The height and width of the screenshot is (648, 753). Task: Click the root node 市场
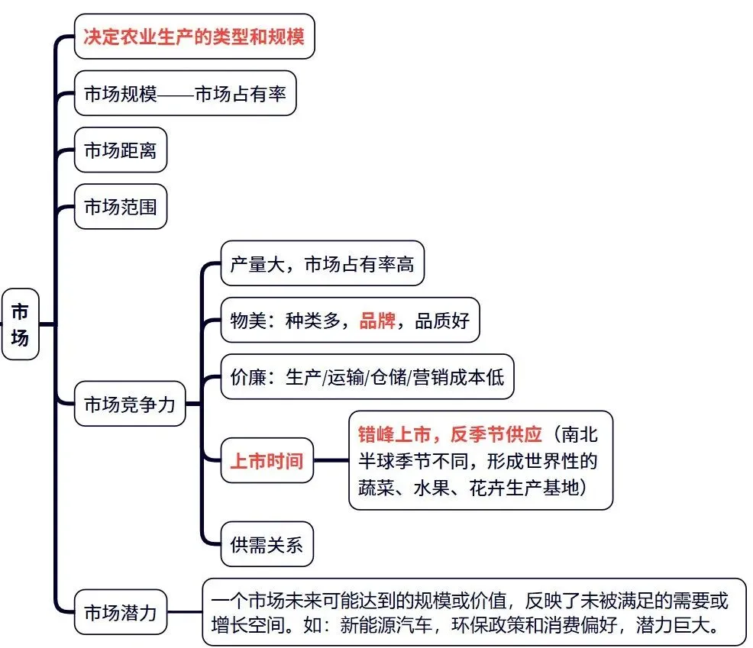[21, 324]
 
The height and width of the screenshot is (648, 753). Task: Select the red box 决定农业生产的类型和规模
[194, 36]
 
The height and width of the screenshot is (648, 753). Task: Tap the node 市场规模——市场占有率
[185, 94]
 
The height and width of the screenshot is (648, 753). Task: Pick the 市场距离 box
[120, 150]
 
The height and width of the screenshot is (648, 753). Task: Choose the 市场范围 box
[120, 205]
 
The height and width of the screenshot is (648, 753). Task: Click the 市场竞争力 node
[129, 403]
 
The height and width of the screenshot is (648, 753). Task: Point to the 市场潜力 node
[120, 611]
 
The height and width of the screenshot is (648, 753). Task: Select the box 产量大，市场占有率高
[322, 264]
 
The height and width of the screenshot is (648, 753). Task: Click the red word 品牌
[377, 321]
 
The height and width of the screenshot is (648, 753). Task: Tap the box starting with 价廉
[367, 376]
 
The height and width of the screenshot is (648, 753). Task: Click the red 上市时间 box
[267, 460]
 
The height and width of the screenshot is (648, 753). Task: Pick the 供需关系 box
[267, 544]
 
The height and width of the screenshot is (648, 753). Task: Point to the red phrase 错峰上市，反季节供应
[451, 434]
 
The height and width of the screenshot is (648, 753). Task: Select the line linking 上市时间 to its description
[331, 460]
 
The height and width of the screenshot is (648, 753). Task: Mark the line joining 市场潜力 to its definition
[184, 611]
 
